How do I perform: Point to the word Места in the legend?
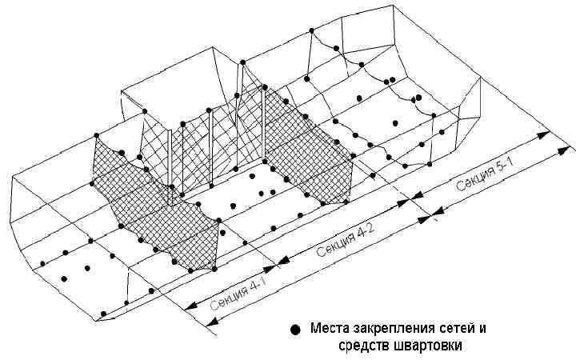tap(329, 329)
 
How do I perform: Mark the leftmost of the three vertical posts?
tap(173, 160)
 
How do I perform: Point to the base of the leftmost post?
tap(173, 192)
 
